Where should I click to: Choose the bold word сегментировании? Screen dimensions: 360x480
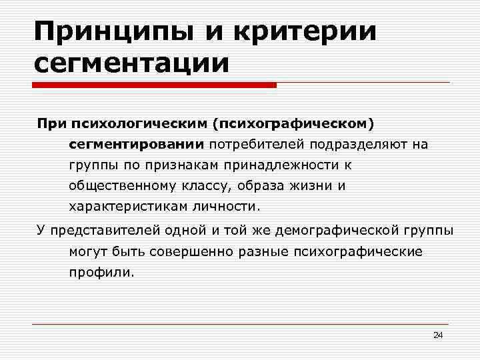pyautogui.click(x=137, y=143)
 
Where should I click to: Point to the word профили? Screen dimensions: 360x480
pyautogui.click(x=101, y=272)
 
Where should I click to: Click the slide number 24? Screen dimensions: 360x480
pyautogui.click(x=438, y=335)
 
